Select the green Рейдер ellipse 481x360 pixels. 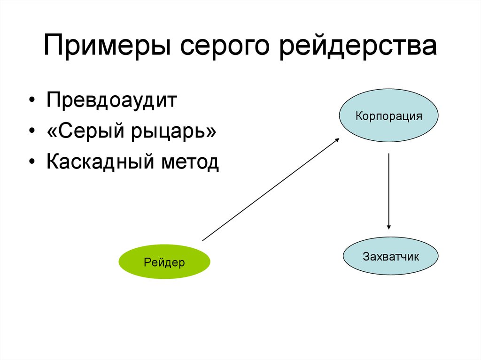click(x=164, y=262)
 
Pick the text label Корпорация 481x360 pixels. click(x=388, y=116)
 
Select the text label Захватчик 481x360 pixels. click(x=390, y=257)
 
